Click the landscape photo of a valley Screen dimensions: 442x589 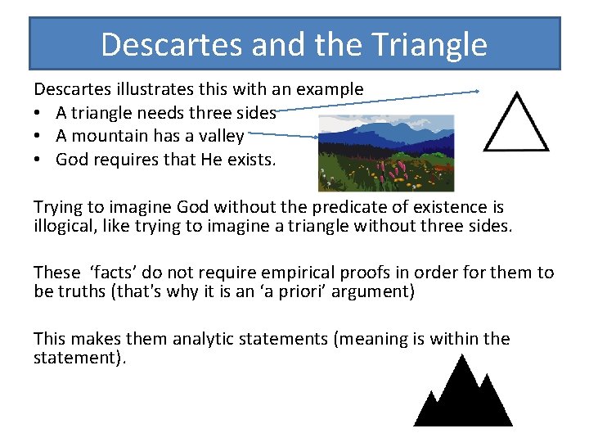pos(385,153)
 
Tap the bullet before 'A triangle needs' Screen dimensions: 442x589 pos(38,113)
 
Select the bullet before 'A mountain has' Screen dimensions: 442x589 pos(38,136)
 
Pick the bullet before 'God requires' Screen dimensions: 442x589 pos(38,160)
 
